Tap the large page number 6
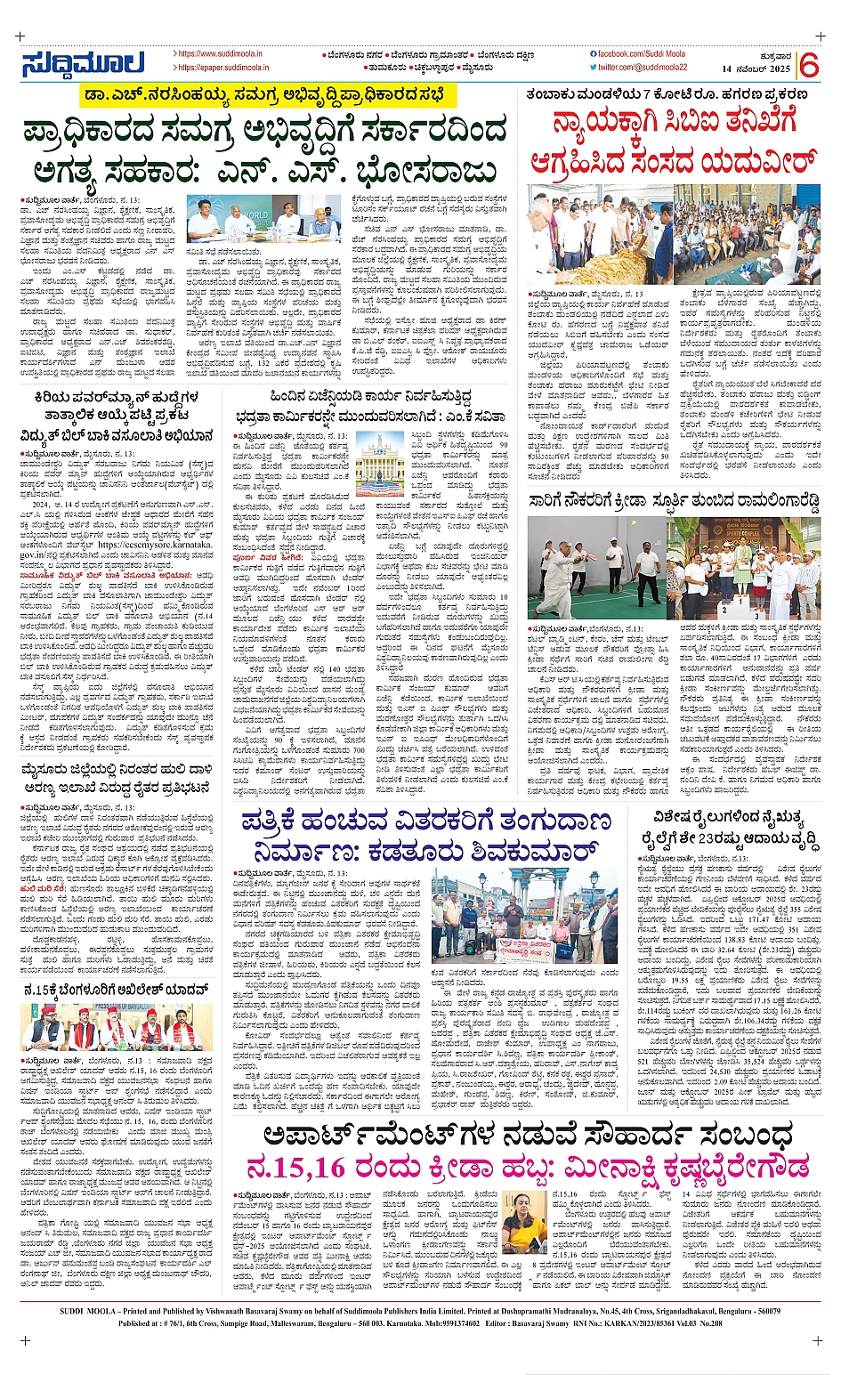(x=808, y=65)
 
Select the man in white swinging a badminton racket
(x=561, y=579)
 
